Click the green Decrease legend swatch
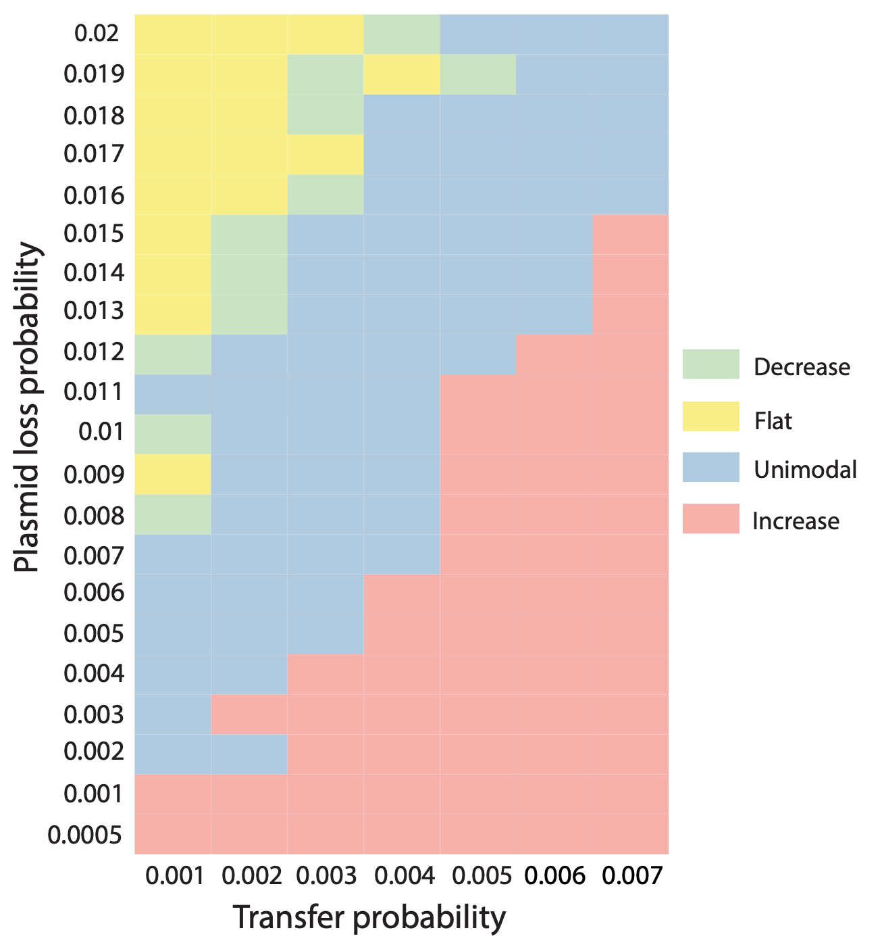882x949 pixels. point(710,365)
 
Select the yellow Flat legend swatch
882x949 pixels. point(710,416)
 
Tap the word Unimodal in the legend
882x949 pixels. point(805,469)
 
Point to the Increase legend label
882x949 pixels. point(796,521)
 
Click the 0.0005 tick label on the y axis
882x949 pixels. point(85,835)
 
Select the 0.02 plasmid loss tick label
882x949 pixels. point(97,33)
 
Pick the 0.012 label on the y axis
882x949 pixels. point(94,352)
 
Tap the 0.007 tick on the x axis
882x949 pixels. point(631,877)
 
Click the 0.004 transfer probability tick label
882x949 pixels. point(403,877)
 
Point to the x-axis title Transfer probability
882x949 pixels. point(369,918)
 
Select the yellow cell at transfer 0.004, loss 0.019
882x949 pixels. point(402,74)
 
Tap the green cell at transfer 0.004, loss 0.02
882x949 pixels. point(402,34)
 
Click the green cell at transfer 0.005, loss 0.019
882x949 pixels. point(478,74)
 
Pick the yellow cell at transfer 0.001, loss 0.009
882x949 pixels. point(173,474)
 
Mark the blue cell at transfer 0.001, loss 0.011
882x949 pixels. point(173,394)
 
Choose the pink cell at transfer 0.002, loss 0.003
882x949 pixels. point(249,714)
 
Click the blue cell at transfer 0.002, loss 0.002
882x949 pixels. point(249,754)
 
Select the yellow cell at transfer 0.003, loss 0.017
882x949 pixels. point(326,155)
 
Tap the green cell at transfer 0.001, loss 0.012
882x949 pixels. point(173,354)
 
